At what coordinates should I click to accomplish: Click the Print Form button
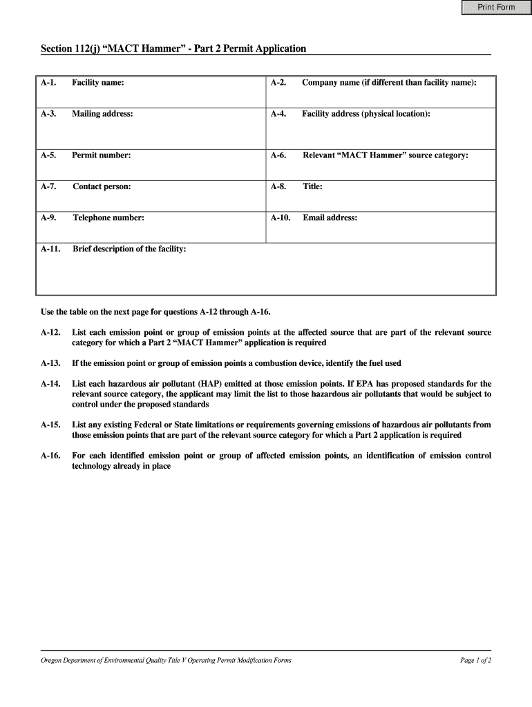pos(497,8)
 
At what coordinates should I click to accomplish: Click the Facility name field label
pos(98,83)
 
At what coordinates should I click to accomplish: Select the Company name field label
pos(389,83)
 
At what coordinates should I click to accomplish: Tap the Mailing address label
pos(102,114)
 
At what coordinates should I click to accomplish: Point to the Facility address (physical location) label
pos(365,114)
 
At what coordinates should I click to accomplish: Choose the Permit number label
pos(101,155)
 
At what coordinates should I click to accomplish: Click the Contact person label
pos(102,186)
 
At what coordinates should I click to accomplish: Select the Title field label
pos(312,186)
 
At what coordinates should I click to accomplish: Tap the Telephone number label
pos(108,218)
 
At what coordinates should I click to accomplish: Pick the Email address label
pos(330,218)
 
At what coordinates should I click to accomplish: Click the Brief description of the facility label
pos(129,249)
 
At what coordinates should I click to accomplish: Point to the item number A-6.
pos(278,155)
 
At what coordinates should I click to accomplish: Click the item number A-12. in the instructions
pos(50,333)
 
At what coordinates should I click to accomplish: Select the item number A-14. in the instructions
pos(50,384)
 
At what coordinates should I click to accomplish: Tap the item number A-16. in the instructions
pos(50,456)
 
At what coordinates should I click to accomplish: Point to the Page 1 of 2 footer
pos(475,661)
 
